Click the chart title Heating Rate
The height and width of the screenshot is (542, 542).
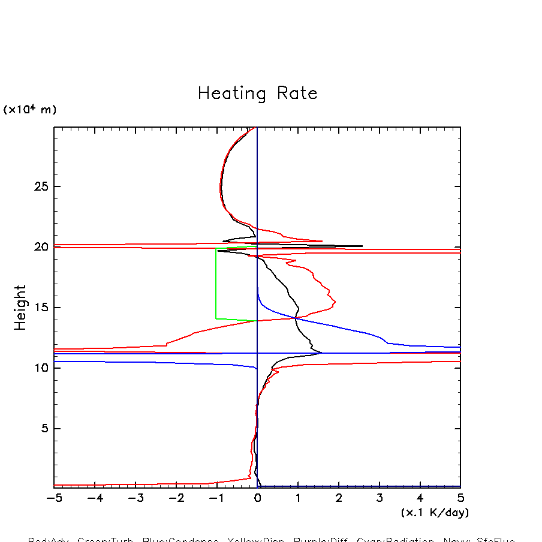(x=257, y=94)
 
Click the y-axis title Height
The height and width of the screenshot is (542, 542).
(x=20, y=307)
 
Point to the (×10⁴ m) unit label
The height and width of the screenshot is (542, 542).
(x=30, y=110)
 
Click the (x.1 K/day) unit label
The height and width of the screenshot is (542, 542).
(x=435, y=513)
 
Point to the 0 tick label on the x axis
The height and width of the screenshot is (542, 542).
(x=257, y=498)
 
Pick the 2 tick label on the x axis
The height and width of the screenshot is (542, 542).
(x=339, y=498)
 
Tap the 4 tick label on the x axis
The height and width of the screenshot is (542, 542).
(x=420, y=498)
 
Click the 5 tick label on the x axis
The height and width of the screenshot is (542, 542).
(x=460, y=498)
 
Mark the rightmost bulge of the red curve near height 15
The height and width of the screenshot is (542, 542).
(x=335, y=302)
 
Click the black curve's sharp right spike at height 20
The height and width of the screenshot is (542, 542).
(x=362, y=246)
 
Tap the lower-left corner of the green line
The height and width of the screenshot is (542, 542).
(x=216, y=318)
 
